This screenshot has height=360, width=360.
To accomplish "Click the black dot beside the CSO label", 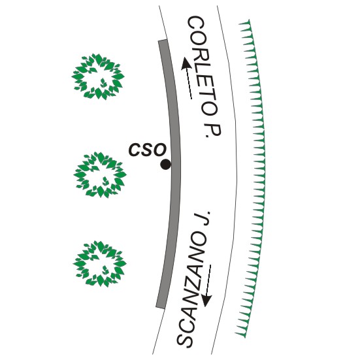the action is (165, 165).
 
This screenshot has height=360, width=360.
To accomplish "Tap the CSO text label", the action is (147, 150).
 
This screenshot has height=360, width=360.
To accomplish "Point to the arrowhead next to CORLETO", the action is (186, 63).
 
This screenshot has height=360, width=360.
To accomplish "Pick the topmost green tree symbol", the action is (98, 76).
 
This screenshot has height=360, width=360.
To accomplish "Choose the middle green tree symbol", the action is (100, 174).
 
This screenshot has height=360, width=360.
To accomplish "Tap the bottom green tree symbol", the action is (100, 264).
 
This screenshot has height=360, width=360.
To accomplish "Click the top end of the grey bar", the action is (162, 41).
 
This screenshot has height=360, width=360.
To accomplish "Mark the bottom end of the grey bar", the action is (161, 306).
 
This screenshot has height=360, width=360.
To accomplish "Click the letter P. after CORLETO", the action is (212, 131).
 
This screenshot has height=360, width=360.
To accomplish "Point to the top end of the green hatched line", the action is (249, 21).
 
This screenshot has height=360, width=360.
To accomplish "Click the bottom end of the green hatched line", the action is (244, 337).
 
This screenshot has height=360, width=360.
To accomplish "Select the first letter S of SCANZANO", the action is (184, 338).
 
